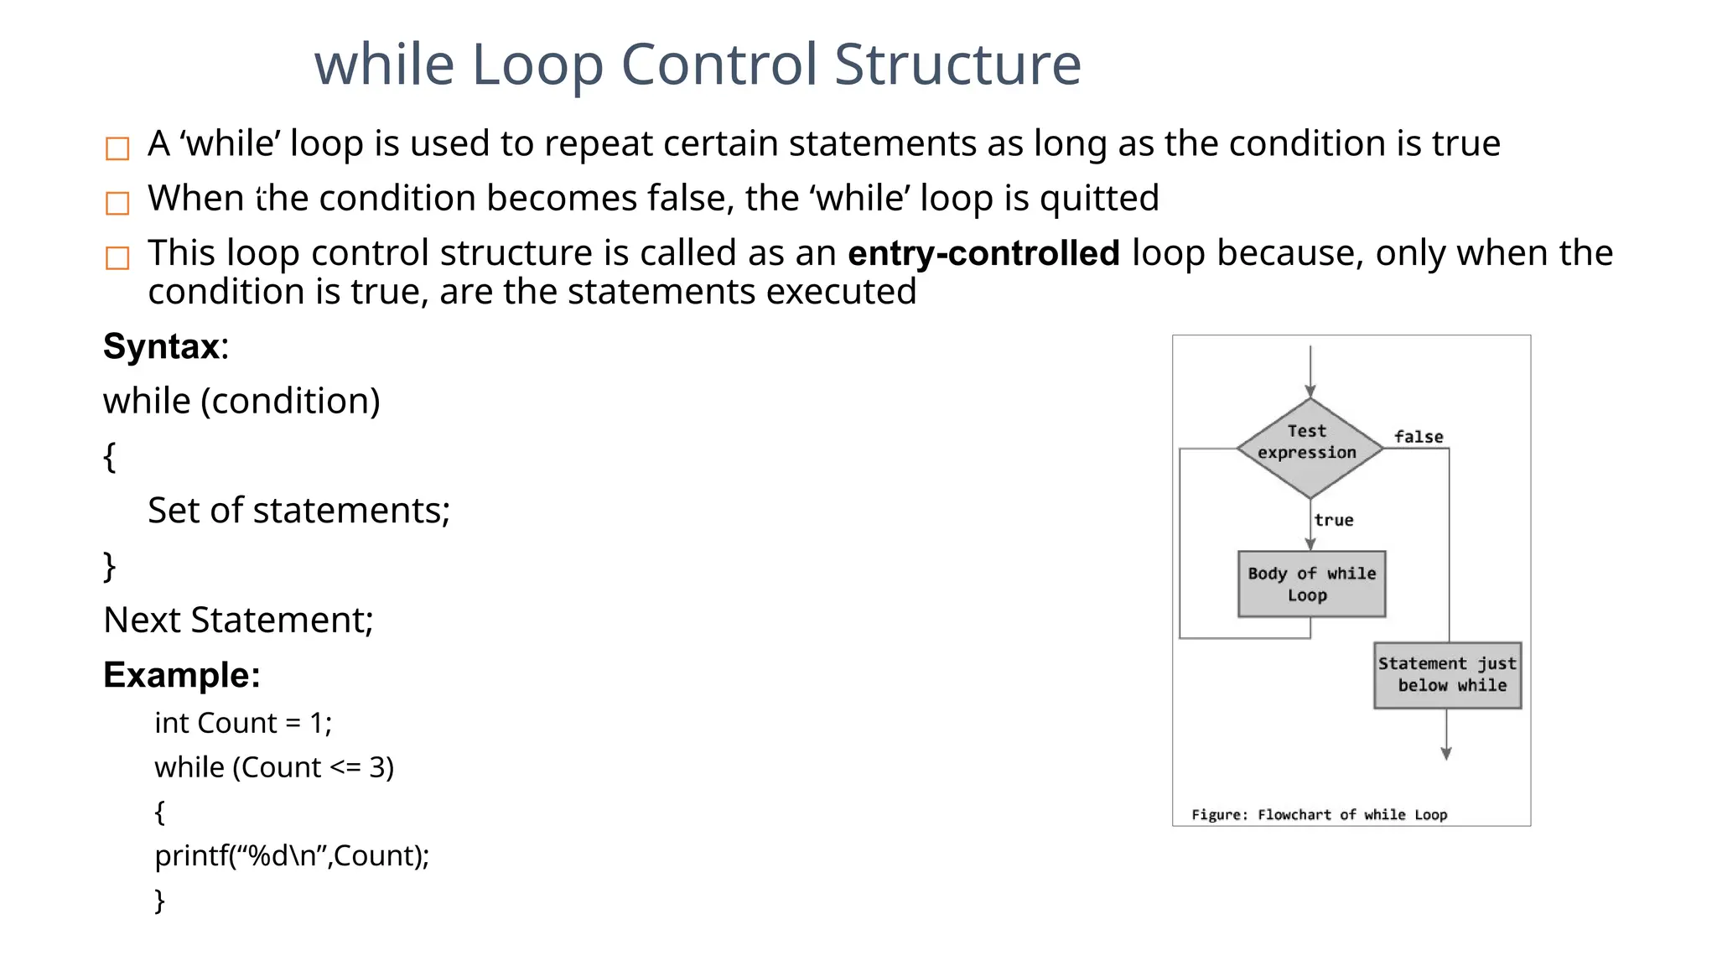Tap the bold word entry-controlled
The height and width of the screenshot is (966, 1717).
pyautogui.click(x=983, y=253)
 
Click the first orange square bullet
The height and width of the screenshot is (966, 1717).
pyautogui.click(x=117, y=148)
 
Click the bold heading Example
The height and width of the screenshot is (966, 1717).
pyautogui.click(x=181, y=675)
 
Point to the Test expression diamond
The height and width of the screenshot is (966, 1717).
pyautogui.click(x=1309, y=448)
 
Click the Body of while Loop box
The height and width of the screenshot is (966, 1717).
pyautogui.click(x=1311, y=584)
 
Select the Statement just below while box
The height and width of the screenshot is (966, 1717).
pyautogui.click(x=1447, y=675)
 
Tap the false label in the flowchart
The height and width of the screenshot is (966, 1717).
pyautogui.click(x=1419, y=437)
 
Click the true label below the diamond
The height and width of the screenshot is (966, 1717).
pyautogui.click(x=1333, y=520)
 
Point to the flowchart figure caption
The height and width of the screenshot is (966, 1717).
pyautogui.click(x=1319, y=814)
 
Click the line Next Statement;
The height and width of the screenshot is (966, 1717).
pyautogui.click(x=238, y=621)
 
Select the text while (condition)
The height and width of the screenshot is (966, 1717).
pyautogui.click(x=241, y=401)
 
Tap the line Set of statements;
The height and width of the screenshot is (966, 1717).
pyautogui.click(x=298, y=511)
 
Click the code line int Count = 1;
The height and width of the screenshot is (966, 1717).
pyautogui.click(x=243, y=723)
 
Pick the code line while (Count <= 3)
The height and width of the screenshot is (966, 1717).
pyautogui.click(x=274, y=767)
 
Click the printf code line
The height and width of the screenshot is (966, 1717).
pyautogui.click(x=292, y=855)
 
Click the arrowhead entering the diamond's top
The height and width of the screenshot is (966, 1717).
pyautogui.click(x=1310, y=391)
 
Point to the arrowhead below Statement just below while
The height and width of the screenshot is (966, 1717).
pyautogui.click(x=1446, y=753)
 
